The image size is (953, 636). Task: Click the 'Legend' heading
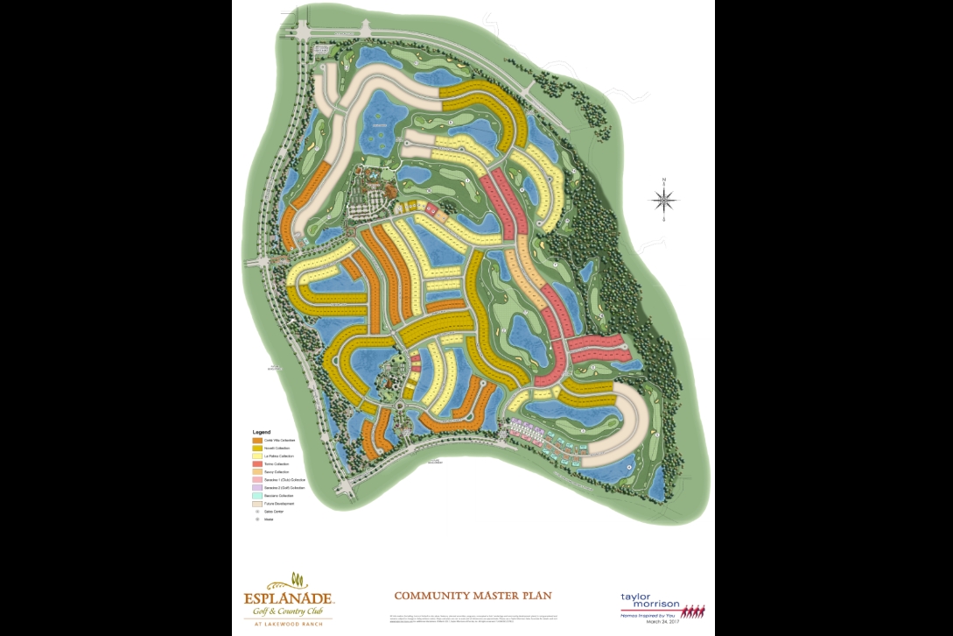pyautogui.click(x=262, y=432)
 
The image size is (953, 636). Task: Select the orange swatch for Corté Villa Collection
pyautogui.click(x=257, y=440)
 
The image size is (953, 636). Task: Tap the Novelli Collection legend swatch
pyautogui.click(x=257, y=449)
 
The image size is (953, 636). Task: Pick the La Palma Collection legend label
pyautogui.click(x=280, y=456)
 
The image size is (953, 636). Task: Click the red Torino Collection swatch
pyautogui.click(x=257, y=464)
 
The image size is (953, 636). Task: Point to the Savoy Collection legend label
pyautogui.click(x=277, y=472)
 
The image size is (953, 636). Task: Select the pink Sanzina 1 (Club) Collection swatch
pyautogui.click(x=257, y=480)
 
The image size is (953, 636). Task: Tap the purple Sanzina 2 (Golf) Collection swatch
pyautogui.click(x=257, y=488)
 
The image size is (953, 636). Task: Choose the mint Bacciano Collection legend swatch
pyautogui.click(x=257, y=496)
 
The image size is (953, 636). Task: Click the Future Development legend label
pyautogui.click(x=279, y=504)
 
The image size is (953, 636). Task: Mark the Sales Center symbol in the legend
pyautogui.click(x=257, y=512)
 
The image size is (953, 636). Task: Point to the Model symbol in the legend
pyautogui.click(x=257, y=519)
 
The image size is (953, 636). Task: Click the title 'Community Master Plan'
pyautogui.click(x=473, y=596)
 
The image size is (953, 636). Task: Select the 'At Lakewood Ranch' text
pyautogui.click(x=288, y=622)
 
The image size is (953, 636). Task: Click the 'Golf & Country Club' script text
pyautogui.click(x=288, y=611)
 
